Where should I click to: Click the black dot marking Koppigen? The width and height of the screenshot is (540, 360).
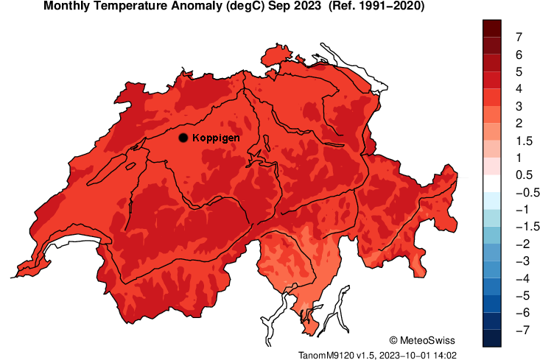click(x=183, y=137)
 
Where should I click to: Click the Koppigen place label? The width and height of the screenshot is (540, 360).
click(x=216, y=138)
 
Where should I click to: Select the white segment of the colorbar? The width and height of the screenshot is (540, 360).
click(x=493, y=183)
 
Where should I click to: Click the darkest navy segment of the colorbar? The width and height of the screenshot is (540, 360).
click(x=493, y=339)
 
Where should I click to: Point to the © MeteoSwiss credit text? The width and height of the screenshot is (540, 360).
click(x=422, y=340)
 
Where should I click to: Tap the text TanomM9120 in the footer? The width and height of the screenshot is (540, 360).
click(x=325, y=354)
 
